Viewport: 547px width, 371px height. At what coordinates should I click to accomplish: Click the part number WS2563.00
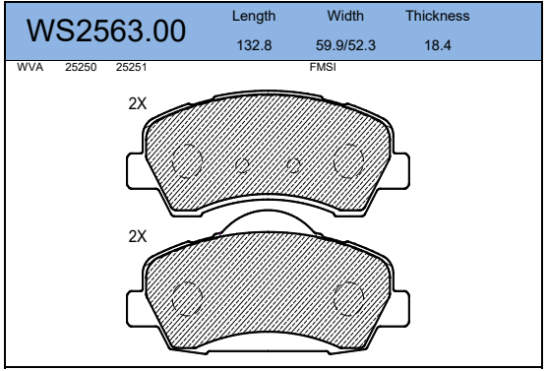point(106,31)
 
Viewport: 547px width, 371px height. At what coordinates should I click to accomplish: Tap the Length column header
point(254,17)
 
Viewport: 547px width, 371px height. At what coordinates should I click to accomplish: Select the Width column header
point(345,16)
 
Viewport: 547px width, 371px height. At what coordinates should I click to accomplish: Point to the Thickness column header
point(438,16)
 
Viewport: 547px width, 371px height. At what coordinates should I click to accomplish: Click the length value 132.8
point(254,45)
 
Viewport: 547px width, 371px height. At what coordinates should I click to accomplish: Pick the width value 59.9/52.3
point(345,45)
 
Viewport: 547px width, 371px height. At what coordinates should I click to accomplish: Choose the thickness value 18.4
point(438,45)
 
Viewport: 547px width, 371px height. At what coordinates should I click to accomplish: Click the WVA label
point(30,67)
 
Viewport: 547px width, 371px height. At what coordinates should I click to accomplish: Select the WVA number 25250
point(81,67)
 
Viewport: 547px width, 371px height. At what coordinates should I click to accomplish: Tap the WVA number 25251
point(131,67)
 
